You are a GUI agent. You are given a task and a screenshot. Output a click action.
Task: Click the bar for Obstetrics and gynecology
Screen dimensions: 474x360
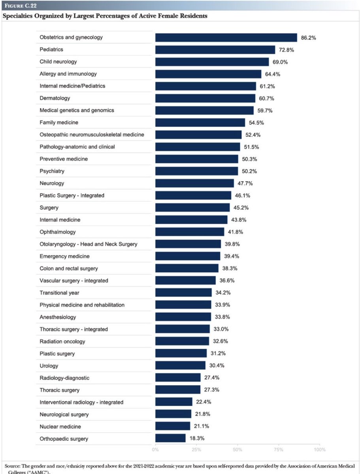[226, 38]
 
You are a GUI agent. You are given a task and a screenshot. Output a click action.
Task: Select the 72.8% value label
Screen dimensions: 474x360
[287, 50]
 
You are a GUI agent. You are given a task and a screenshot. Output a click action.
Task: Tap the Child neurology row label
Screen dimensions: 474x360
[58, 62]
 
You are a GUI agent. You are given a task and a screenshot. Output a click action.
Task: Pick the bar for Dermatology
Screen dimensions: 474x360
[205, 98]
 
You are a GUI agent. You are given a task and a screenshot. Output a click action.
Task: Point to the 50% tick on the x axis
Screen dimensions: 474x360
[237, 450]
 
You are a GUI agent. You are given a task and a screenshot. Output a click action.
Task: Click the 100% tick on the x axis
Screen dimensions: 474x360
[319, 450]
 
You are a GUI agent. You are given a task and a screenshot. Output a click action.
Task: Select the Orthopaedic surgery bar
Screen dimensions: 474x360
[170, 438]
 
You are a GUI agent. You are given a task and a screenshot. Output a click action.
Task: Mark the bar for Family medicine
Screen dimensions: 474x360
[200, 123]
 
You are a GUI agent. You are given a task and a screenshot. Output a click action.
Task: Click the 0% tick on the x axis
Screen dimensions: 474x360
[155, 450]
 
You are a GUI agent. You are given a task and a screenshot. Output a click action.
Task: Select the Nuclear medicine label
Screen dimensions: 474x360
[60, 427]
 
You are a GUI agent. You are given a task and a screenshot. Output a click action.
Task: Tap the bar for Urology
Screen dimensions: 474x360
[180, 366]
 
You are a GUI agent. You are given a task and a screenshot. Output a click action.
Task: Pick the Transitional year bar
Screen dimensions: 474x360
[183, 293]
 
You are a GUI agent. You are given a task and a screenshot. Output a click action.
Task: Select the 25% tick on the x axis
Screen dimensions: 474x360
[196, 450]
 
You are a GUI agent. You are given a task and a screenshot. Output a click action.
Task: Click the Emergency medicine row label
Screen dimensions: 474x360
[64, 256]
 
